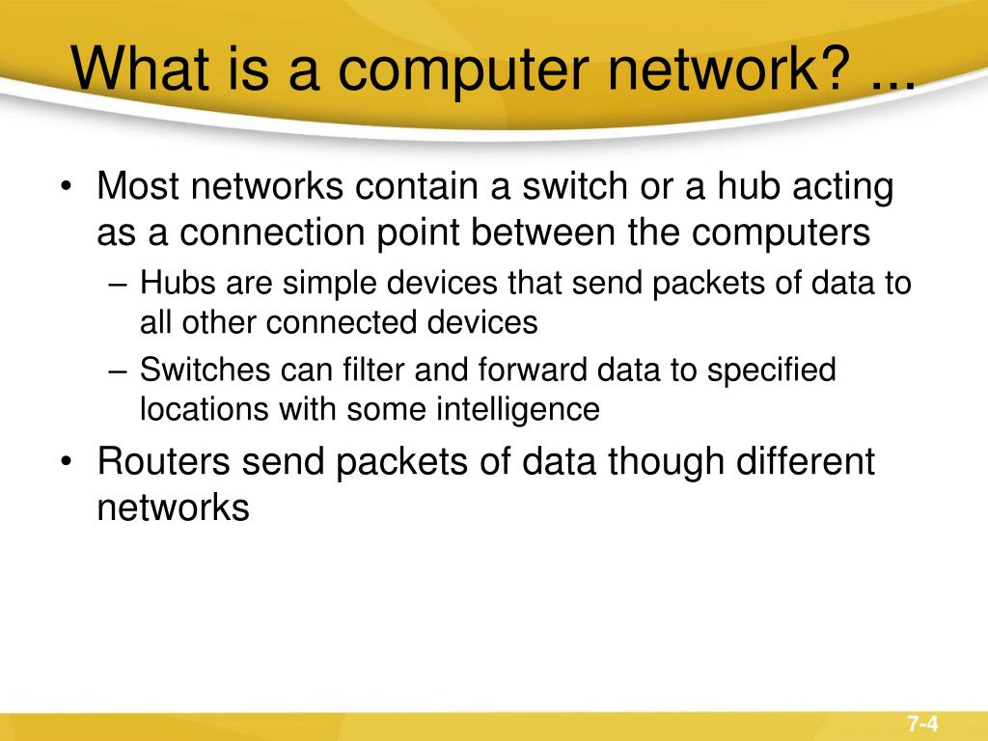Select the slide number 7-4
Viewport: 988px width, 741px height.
(x=922, y=724)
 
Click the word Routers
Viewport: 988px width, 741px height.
(x=163, y=462)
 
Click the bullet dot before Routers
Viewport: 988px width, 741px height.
(x=66, y=463)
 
